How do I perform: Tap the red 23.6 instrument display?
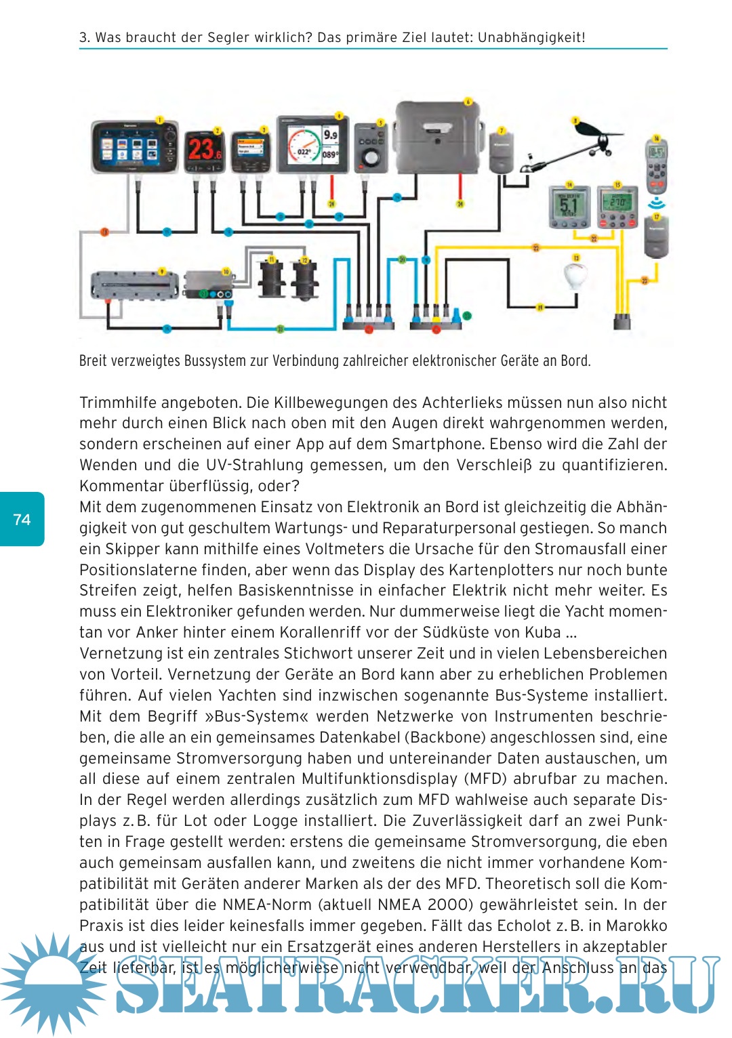point(204,149)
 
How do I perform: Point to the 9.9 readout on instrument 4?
point(331,135)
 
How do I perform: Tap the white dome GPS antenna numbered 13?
point(574,278)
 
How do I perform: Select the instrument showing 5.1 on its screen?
point(568,205)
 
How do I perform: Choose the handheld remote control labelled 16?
point(657,165)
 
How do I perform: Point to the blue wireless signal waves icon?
point(657,203)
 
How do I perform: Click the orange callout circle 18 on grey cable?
point(104,232)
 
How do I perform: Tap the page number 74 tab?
point(22,520)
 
